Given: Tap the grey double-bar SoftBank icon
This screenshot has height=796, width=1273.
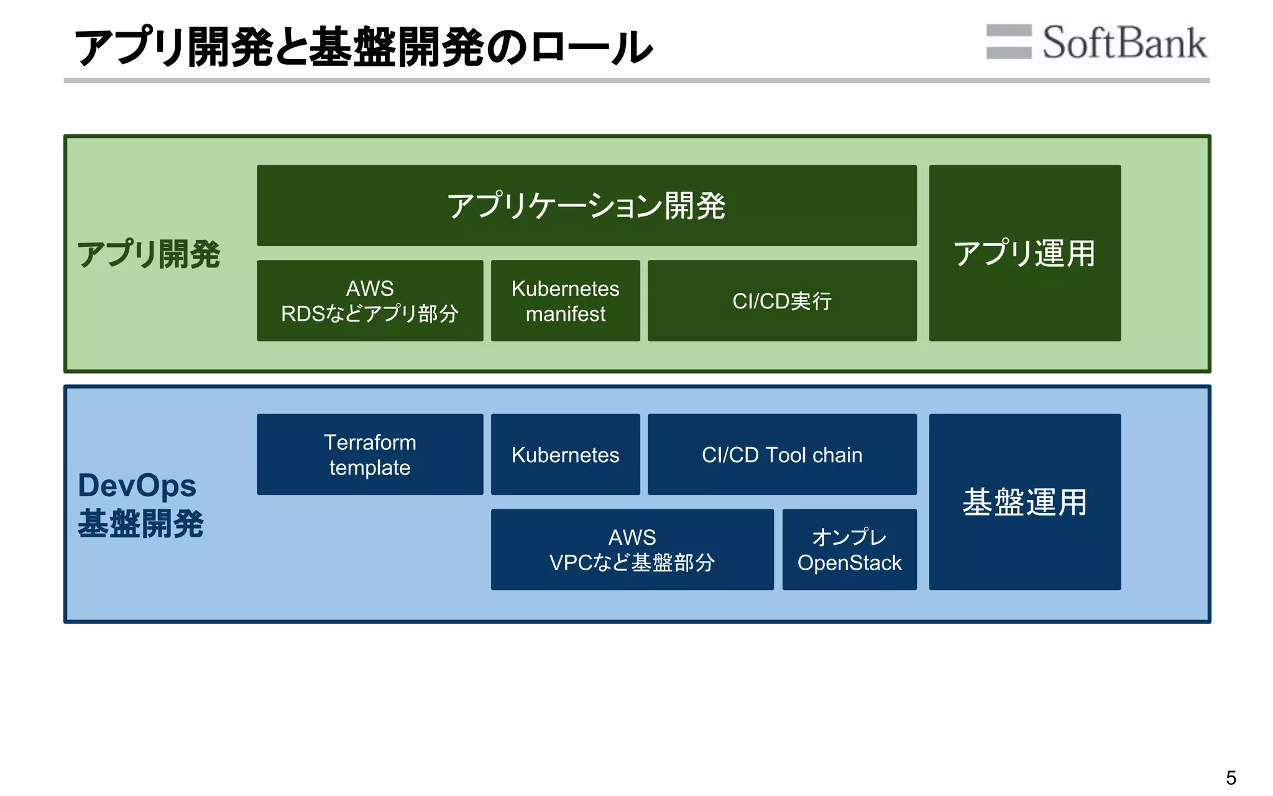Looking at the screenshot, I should click(1008, 42).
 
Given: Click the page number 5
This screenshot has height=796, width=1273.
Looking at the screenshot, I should click(1231, 778).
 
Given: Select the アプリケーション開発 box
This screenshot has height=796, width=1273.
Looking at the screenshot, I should click(586, 205).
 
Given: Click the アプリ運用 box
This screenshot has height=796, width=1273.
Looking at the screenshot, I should click(1024, 253).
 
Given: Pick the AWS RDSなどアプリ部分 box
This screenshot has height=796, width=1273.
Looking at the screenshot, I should click(370, 301).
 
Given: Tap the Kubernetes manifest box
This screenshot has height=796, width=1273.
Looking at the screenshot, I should click(565, 301).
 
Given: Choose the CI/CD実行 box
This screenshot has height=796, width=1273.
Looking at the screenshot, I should click(781, 301).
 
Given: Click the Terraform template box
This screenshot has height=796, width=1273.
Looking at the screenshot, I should click(370, 455).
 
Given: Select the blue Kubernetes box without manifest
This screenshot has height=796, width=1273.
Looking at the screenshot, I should click(565, 455).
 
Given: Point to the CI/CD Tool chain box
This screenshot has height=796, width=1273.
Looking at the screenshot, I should click(781, 455).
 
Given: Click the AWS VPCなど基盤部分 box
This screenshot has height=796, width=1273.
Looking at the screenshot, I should click(632, 550).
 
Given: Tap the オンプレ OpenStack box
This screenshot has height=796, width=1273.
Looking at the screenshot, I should click(849, 550).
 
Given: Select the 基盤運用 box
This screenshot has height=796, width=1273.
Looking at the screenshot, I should click(1024, 502).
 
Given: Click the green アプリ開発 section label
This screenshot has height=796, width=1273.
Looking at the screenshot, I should click(149, 254).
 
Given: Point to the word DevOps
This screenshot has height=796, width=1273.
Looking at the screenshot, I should click(137, 486).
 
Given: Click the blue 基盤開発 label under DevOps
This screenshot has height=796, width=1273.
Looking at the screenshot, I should click(140, 524).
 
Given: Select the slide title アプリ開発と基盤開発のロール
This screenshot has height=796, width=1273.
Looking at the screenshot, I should click(363, 47).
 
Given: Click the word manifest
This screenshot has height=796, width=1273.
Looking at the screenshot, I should click(565, 314).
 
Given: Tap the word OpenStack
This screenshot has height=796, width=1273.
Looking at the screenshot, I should click(849, 563).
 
